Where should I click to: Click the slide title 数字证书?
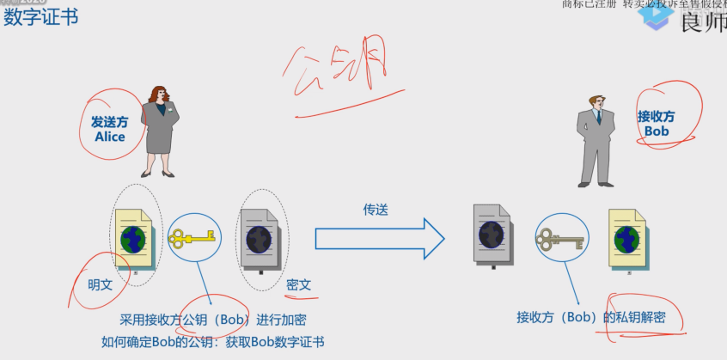point(41,16)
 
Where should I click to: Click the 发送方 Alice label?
point(109,130)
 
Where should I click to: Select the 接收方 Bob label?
point(656,124)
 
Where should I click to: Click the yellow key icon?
point(192,238)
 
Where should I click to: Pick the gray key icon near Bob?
point(559,238)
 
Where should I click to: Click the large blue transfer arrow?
point(379,238)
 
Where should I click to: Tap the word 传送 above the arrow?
point(376,209)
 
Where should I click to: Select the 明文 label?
point(101,284)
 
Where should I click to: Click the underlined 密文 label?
point(298,284)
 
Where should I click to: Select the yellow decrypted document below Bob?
point(628,238)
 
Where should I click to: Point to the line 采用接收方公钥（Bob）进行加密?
point(213,320)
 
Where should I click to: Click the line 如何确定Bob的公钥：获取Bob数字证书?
point(212,342)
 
